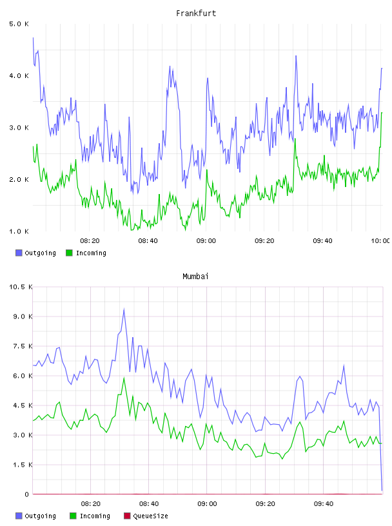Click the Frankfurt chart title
click(x=196, y=13)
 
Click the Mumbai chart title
click(x=195, y=276)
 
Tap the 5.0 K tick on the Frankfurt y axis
click(x=19, y=24)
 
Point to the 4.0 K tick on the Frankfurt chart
click(x=19, y=76)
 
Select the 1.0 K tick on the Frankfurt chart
click(x=19, y=231)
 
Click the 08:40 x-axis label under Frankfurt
click(x=148, y=240)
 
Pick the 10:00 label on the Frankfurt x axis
click(x=380, y=240)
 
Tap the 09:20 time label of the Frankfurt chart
click(x=264, y=240)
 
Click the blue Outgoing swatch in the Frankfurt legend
click(x=19, y=253)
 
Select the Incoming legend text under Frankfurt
click(x=91, y=253)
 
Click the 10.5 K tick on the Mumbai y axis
click(x=21, y=287)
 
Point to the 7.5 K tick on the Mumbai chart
click(x=23, y=346)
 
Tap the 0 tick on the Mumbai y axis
click(x=26, y=494)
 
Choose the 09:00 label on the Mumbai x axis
click(x=207, y=503)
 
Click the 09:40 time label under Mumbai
click(x=324, y=503)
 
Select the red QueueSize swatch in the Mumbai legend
click(x=127, y=516)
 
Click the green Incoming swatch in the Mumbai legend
click(x=73, y=516)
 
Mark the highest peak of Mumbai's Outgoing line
click(x=124, y=309)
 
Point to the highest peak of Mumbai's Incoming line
click(x=124, y=378)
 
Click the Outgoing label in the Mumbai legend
click(x=40, y=516)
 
